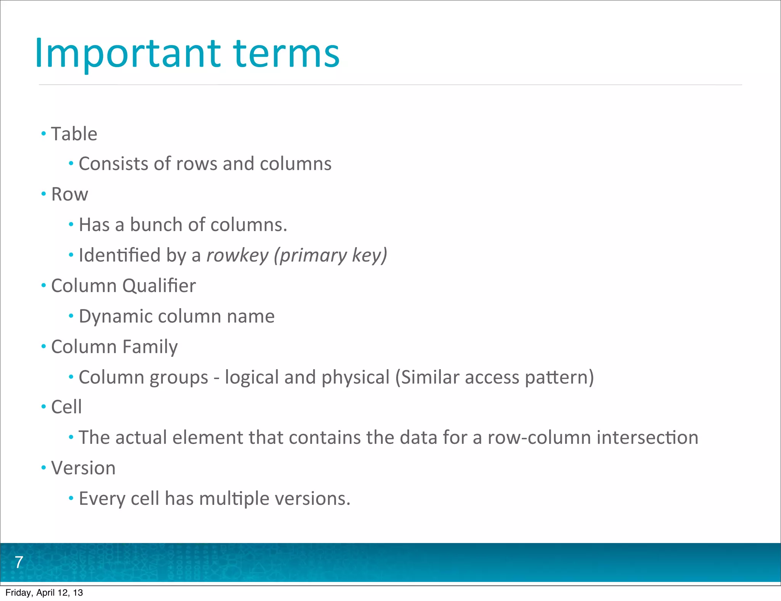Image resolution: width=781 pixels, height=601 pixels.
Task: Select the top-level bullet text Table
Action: point(74,134)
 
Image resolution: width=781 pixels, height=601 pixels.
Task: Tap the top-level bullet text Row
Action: point(69,194)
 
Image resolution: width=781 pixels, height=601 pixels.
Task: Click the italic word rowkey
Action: point(237,255)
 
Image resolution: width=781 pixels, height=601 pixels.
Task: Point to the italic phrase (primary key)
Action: point(330,255)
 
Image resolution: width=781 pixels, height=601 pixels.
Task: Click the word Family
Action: point(150,347)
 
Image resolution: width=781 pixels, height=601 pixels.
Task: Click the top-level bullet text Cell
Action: point(66,407)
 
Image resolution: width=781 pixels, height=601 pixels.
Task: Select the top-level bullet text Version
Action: point(83,468)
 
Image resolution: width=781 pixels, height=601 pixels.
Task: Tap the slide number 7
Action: point(19,562)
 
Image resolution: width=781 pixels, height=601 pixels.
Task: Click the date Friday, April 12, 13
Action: point(44,593)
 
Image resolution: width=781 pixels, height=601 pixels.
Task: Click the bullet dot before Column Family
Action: point(43,347)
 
